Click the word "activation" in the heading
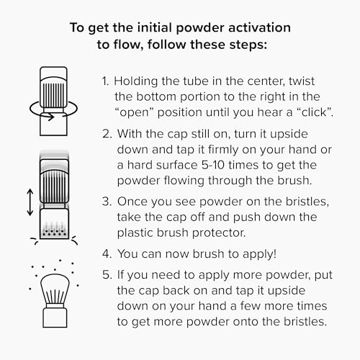tap(259, 27)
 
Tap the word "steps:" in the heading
tap(248, 45)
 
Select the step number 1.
tap(105, 81)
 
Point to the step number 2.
tap(107, 134)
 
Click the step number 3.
tap(107, 202)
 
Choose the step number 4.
tap(107, 254)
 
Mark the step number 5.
tap(107, 275)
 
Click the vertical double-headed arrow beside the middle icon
tap(30, 202)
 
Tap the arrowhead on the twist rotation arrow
tap(51, 117)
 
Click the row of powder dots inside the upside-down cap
tap(54, 233)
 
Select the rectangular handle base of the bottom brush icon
tap(55, 318)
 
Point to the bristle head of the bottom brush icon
tap(55, 289)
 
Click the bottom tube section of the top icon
tap(53, 125)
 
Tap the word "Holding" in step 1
tap(136, 81)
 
